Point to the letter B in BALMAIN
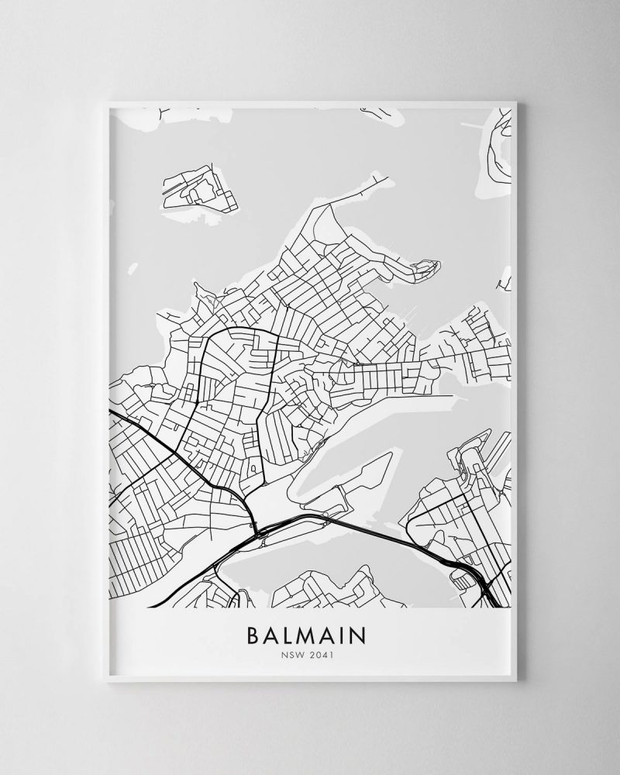pos(253,635)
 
